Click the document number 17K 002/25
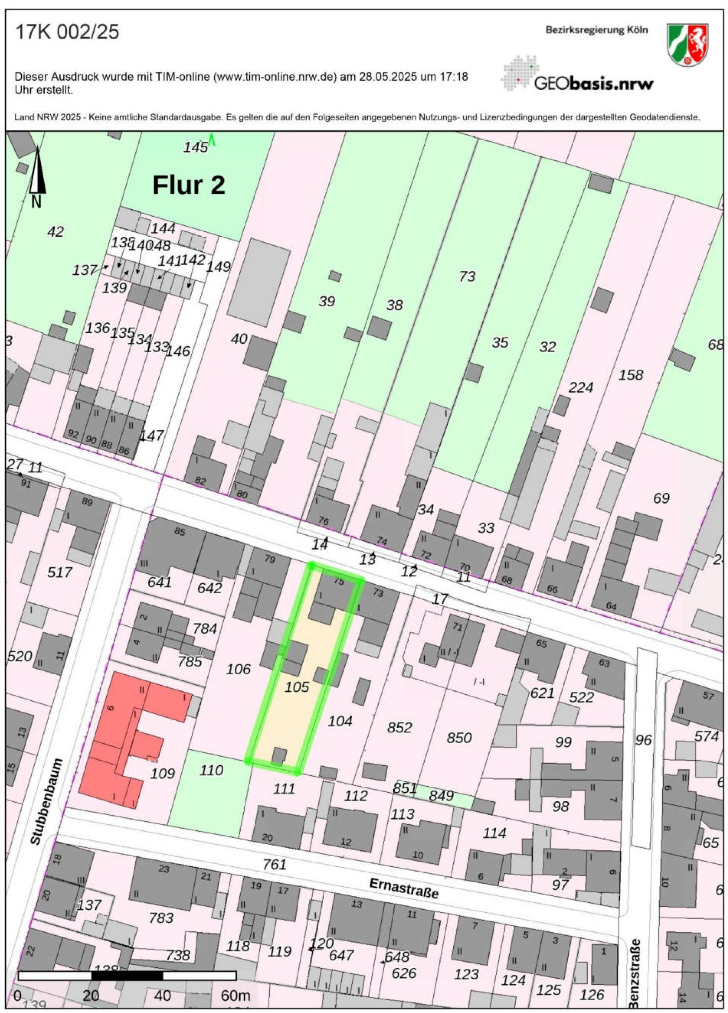67,32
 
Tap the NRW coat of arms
687,45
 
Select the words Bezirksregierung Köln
596,30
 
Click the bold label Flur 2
189,185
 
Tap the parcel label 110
211,770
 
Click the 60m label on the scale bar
235,996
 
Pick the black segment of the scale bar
127,976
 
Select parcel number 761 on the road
274,864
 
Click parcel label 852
399,727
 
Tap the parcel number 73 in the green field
467,277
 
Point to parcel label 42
55,231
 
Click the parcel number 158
630,375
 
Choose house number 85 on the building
180,531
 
